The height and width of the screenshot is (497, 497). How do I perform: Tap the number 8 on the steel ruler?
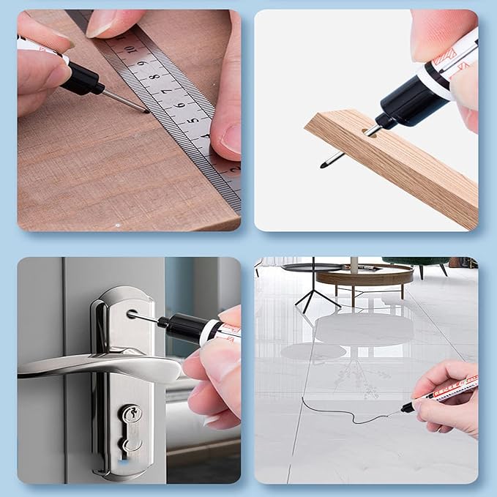[x=155, y=77]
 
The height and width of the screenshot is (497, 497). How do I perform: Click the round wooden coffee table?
[x=366, y=277]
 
